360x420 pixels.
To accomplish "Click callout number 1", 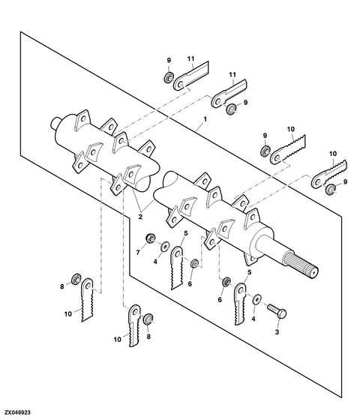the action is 205,119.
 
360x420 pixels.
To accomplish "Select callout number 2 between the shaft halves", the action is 140,217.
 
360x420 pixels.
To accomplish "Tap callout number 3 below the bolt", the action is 277,332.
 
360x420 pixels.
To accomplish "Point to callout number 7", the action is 138,252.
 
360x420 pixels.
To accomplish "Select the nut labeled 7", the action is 149,238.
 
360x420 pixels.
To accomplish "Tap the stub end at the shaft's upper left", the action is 55,123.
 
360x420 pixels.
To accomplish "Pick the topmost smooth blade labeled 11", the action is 190,76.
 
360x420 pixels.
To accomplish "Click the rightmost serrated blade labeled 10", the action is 329,173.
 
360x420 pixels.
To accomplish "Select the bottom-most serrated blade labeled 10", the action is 135,325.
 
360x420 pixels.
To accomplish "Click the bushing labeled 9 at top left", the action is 168,78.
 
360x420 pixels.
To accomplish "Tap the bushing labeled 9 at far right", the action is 329,189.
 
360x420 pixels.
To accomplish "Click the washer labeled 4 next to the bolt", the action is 256,299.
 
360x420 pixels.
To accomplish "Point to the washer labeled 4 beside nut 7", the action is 164,247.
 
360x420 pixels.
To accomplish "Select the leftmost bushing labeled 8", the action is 75,279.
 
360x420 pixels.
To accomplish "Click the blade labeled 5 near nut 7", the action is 177,267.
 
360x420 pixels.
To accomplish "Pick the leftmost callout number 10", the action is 68,313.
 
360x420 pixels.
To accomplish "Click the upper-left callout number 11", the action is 191,58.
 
